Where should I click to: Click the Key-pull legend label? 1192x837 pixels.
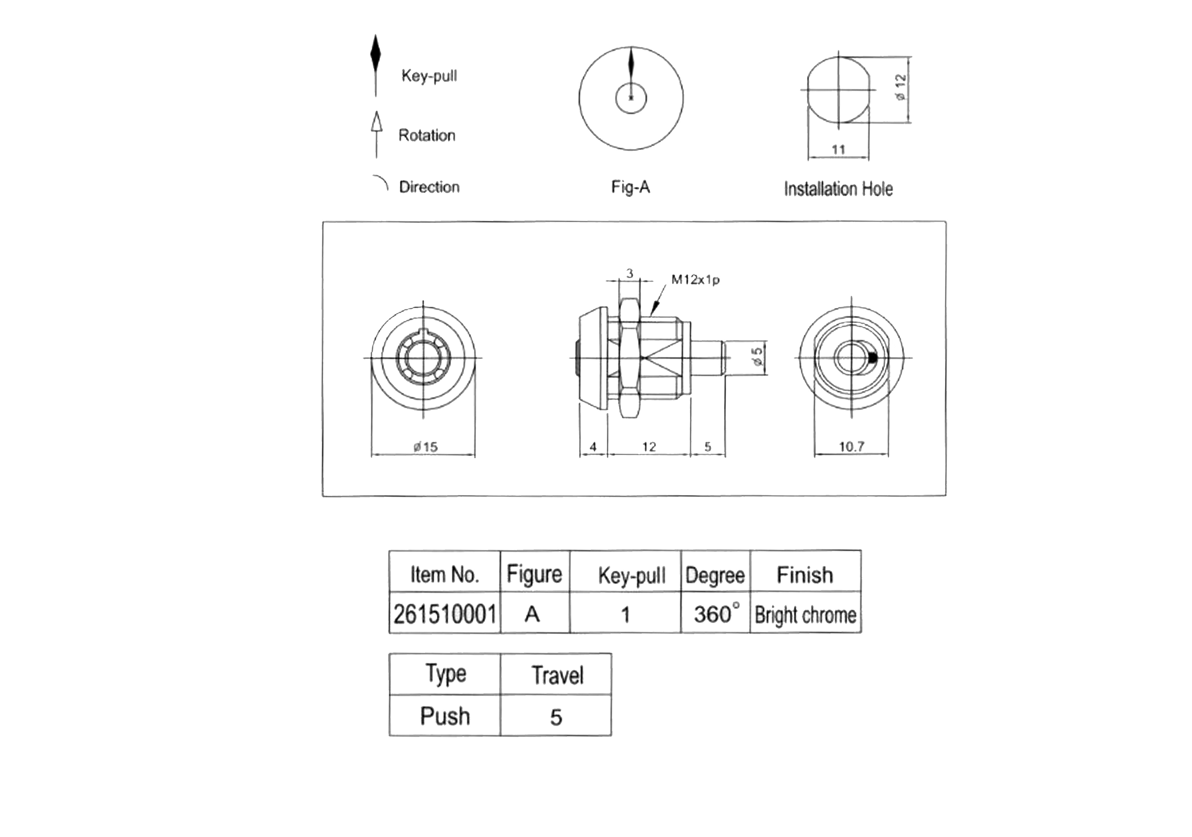pyautogui.click(x=429, y=76)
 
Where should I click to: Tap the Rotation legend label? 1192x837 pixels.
pyautogui.click(x=427, y=135)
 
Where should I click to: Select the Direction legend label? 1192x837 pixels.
pyautogui.click(x=429, y=187)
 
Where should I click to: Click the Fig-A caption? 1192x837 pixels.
pyautogui.click(x=630, y=187)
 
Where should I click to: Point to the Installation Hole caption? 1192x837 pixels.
pyautogui.click(x=838, y=189)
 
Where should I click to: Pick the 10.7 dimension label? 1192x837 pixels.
pyautogui.click(x=851, y=446)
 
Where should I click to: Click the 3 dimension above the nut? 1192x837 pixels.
pyautogui.click(x=630, y=273)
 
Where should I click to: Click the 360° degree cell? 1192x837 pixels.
pyautogui.click(x=715, y=614)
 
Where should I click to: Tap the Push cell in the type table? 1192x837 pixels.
pyautogui.click(x=445, y=716)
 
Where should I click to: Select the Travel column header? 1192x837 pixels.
pyautogui.click(x=557, y=675)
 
